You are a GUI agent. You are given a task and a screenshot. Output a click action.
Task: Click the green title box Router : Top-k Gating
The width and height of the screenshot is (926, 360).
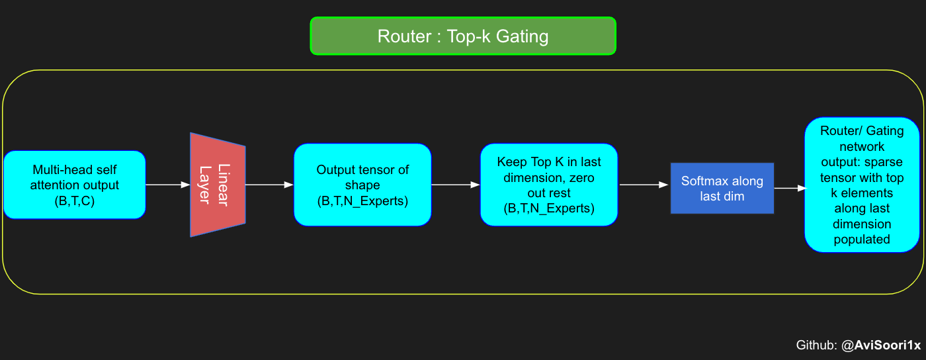463,36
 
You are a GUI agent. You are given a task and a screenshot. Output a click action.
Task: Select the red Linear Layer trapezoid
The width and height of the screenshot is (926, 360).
218,185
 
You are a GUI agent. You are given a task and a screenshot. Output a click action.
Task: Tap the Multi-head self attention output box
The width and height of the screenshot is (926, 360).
74,185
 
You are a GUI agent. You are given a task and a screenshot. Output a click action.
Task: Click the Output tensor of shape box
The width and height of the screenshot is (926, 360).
362,185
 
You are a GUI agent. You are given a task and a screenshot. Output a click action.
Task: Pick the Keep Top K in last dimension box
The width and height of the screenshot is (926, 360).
549,185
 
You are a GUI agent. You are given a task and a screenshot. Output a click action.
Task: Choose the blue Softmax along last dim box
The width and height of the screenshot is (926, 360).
722,189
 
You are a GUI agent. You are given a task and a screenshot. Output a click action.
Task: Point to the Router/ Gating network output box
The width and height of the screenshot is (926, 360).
862,185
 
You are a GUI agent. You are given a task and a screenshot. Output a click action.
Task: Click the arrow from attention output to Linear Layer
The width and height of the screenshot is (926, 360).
167,185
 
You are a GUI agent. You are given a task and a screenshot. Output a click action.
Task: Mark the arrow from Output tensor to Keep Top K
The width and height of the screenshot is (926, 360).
456,185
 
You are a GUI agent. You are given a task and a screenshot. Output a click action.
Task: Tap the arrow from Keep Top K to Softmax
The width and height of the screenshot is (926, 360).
644,185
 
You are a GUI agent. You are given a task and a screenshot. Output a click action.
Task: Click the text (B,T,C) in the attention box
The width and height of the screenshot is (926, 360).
74,201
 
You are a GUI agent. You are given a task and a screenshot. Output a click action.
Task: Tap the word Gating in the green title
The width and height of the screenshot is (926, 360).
522,36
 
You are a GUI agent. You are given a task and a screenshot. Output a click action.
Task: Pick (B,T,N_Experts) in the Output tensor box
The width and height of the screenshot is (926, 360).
362,201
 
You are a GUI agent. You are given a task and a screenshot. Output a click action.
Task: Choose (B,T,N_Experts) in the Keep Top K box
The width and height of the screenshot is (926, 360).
549,209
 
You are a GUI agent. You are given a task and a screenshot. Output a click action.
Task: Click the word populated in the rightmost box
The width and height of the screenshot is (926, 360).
862,239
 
